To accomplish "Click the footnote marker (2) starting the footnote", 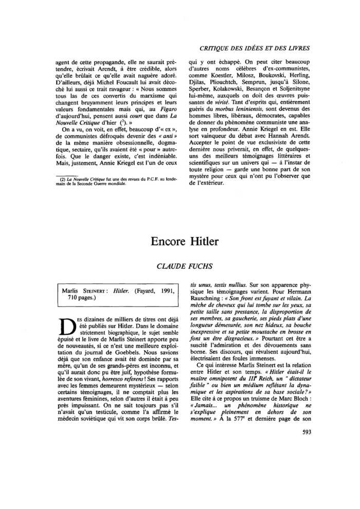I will coord(58,179).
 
